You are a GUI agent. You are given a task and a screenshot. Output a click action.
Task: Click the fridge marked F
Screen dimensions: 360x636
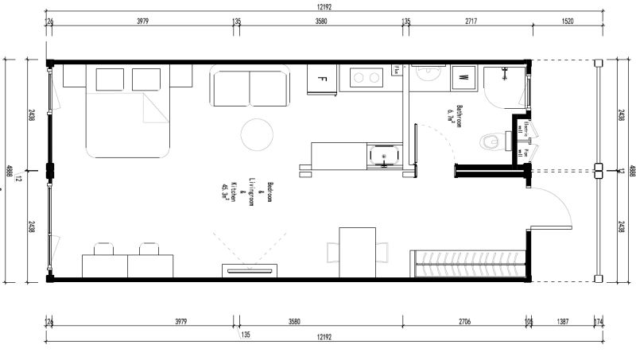tap(323, 79)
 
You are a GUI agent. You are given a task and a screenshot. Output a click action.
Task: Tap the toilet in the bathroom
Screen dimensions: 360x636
tap(491, 142)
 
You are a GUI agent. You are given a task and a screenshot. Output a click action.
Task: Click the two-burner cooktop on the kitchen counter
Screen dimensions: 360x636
tap(364, 78)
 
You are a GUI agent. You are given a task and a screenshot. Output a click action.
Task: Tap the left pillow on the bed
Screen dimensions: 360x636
tap(111, 79)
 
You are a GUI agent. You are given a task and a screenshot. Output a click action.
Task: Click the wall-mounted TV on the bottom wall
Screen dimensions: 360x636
tap(250, 271)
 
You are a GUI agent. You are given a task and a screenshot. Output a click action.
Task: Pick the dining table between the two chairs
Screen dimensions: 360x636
tap(357, 252)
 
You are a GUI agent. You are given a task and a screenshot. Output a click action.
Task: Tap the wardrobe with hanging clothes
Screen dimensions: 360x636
tap(468, 262)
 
